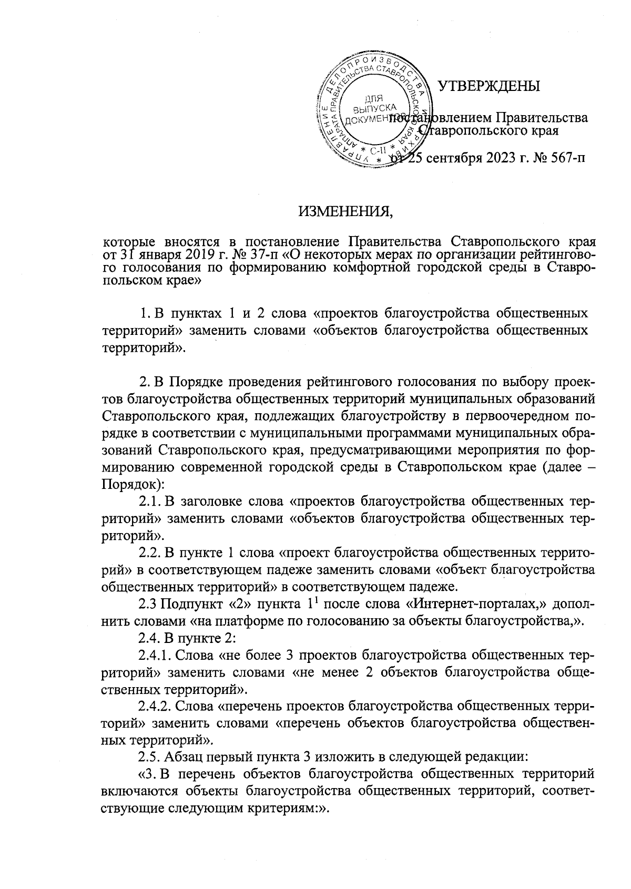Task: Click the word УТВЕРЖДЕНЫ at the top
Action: tap(489, 86)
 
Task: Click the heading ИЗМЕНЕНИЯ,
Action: tap(345, 212)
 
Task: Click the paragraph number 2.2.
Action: tap(149, 553)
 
